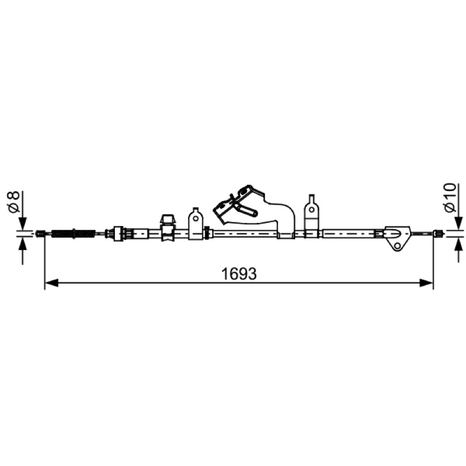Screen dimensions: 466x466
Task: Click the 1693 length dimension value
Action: [x=239, y=274]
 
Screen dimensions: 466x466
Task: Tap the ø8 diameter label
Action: [x=14, y=202]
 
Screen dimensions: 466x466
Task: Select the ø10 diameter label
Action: [x=450, y=197]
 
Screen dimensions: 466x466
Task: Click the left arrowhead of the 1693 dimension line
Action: [x=51, y=283]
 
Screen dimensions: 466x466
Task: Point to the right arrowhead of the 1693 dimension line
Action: [x=426, y=283]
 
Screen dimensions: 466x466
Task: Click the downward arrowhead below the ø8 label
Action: [x=23, y=224]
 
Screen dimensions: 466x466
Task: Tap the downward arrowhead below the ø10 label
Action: [x=459, y=223]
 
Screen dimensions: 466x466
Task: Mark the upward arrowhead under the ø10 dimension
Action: [x=459, y=244]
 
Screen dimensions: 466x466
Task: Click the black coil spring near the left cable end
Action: [x=73, y=234]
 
